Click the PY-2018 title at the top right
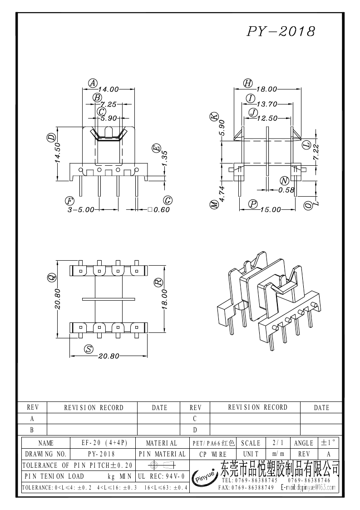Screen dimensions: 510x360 (281, 31)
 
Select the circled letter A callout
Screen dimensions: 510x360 (93, 83)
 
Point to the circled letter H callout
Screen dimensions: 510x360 (247, 83)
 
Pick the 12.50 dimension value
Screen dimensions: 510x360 (267, 118)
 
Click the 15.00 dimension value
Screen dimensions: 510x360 (271, 210)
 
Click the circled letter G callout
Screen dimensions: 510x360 (167, 200)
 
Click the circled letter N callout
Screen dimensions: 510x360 (284, 180)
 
